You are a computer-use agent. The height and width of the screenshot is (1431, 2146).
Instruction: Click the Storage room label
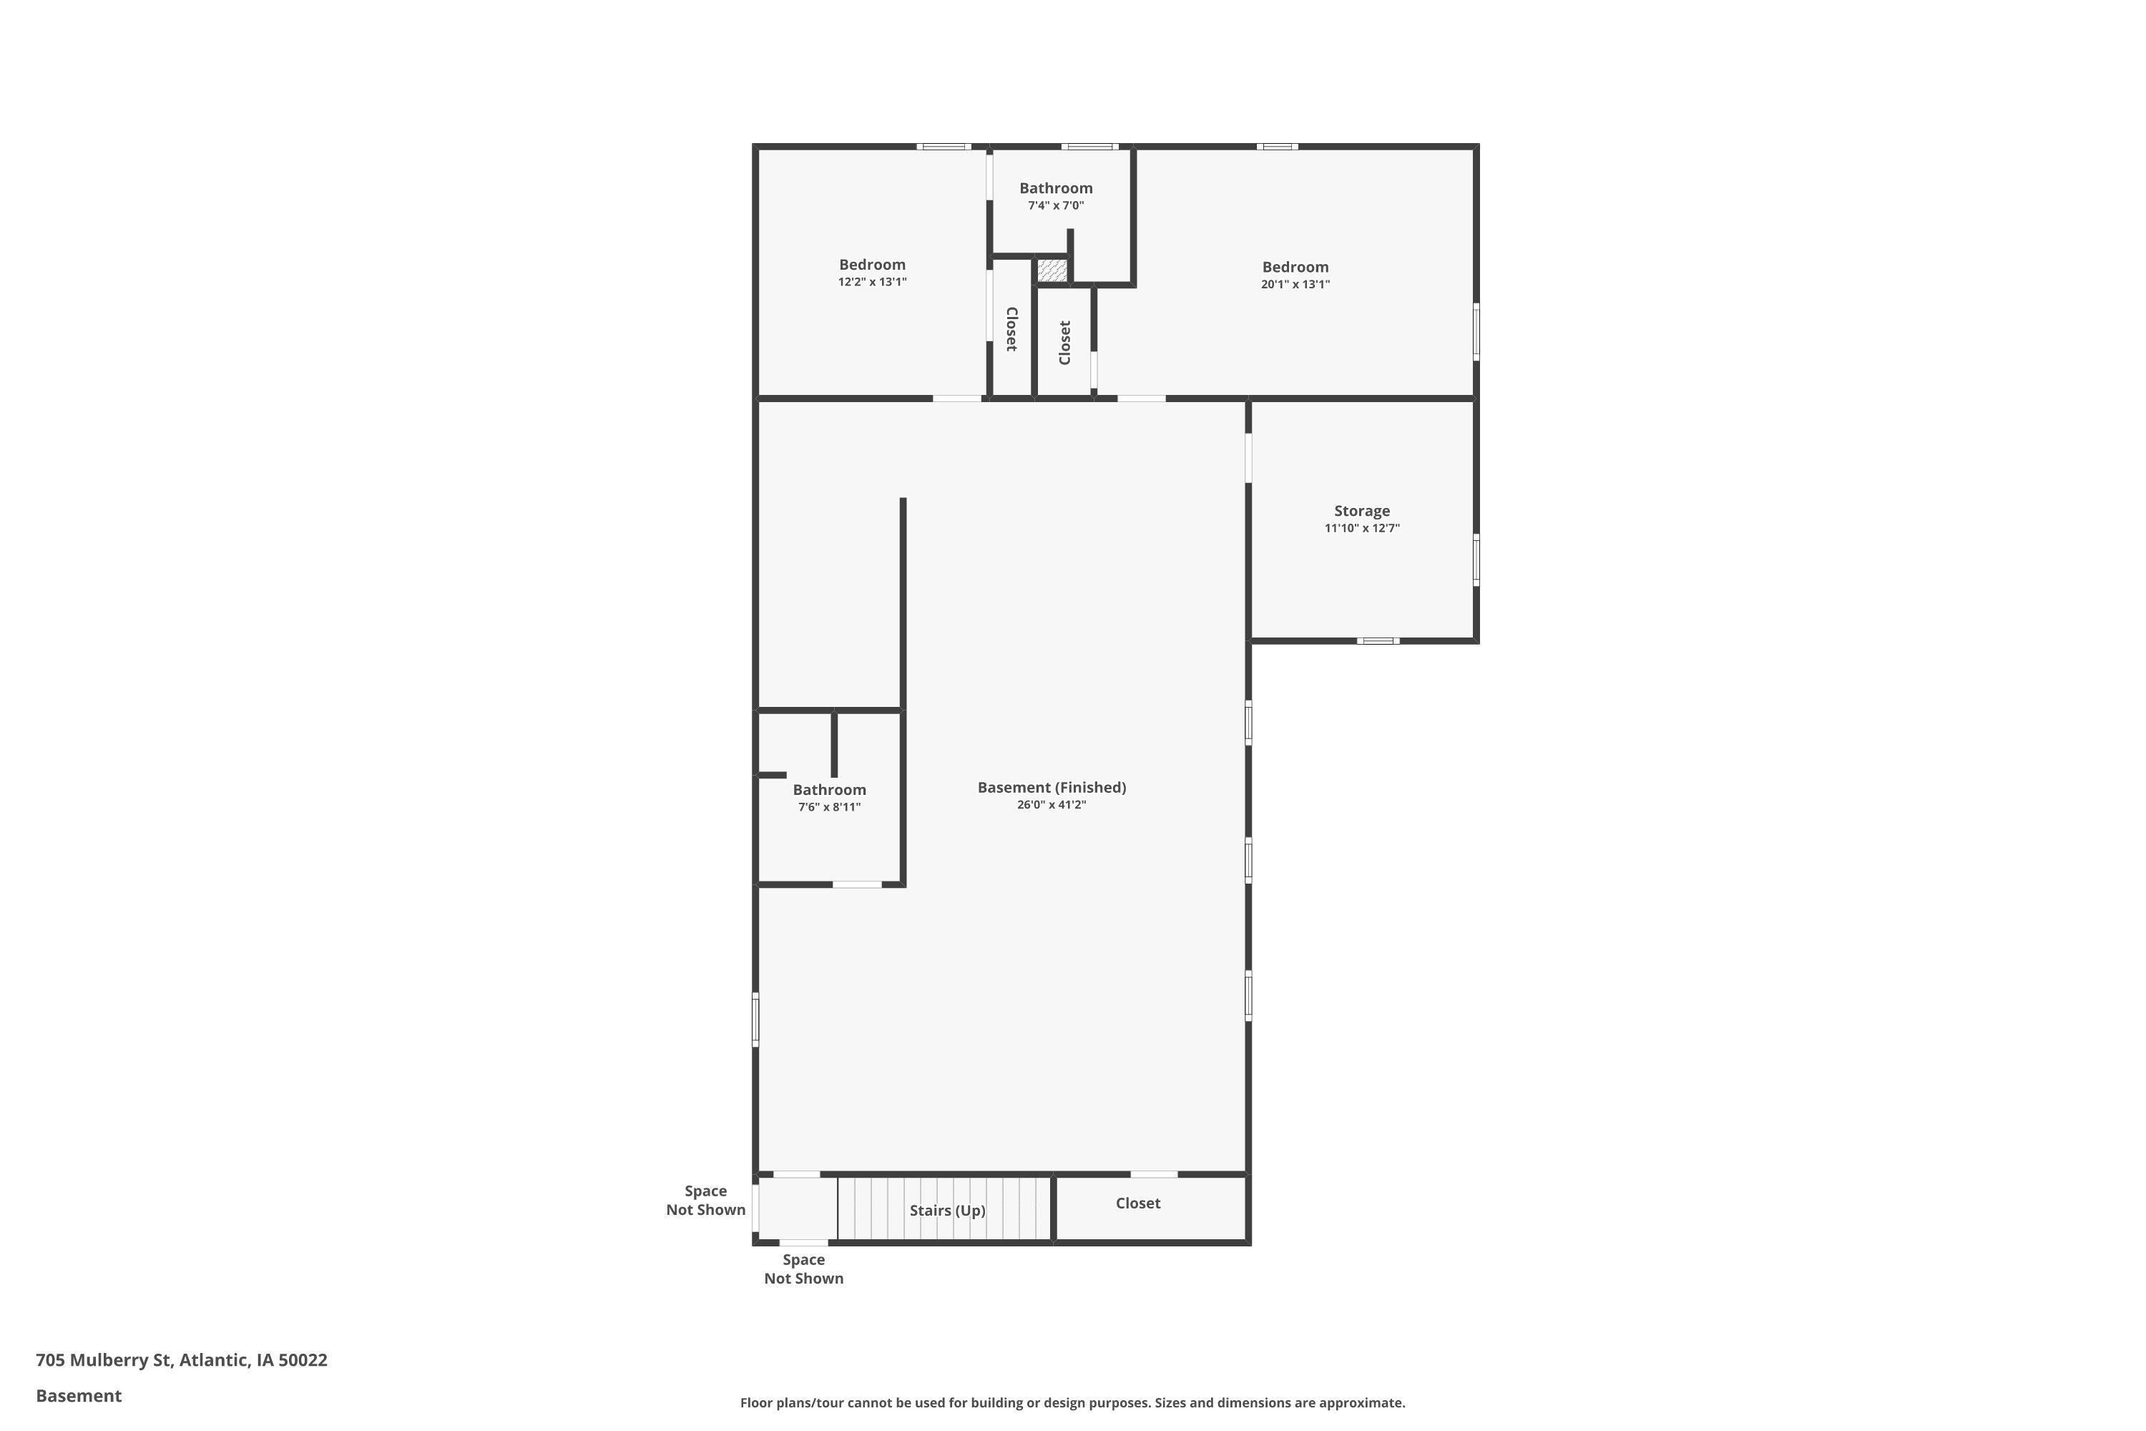point(1361,511)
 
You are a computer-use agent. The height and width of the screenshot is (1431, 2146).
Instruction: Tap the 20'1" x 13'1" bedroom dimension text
point(1295,285)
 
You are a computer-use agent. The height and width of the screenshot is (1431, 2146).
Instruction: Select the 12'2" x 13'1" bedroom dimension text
point(872,282)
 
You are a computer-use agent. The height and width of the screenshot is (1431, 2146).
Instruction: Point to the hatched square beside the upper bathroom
point(1051,270)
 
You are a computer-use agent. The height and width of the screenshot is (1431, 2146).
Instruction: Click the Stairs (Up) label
point(947,1210)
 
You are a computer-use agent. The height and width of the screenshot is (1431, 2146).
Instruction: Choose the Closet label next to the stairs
point(1138,1203)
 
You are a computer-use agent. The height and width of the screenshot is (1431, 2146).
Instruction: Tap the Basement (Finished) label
point(1051,788)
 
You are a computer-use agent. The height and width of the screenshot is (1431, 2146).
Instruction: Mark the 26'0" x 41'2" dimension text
point(1051,805)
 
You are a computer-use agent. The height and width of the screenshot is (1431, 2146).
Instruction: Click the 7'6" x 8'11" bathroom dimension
point(829,808)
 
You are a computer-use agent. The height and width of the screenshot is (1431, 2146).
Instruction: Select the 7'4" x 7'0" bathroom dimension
point(1056,206)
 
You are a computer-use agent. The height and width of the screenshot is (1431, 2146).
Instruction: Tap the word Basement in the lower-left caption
point(79,1395)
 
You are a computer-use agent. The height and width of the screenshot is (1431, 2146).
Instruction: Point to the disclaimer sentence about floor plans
point(1072,1402)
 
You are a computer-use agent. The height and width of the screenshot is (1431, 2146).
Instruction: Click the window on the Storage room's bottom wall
point(1377,640)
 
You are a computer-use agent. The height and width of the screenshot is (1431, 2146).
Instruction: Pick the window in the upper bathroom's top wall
point(1089,146)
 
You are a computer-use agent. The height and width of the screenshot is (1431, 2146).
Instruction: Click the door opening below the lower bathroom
point(857,884)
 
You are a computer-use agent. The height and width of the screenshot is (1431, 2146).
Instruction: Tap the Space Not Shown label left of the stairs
point(705,1200)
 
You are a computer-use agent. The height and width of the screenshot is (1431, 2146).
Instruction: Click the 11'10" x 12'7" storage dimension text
point(1361,529)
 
